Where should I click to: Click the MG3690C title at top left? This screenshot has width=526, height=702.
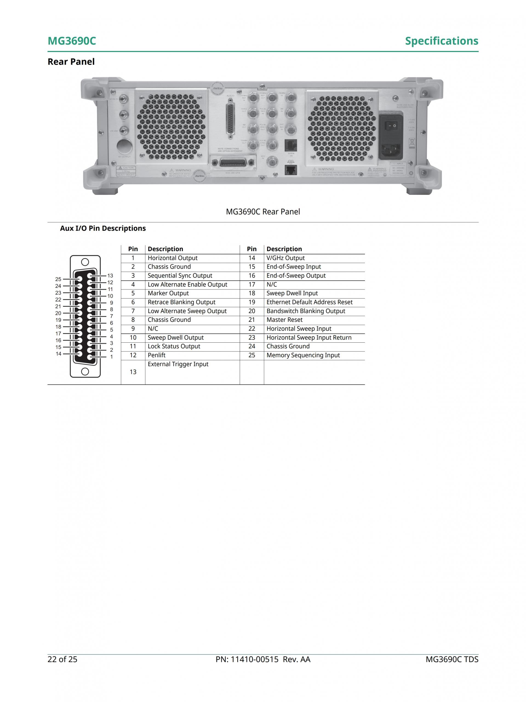[x=72, y=41]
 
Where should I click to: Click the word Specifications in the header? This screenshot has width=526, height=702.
[x=441, y=41]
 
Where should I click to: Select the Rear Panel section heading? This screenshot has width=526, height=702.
[x=71, y=62]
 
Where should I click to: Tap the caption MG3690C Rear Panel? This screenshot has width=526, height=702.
[x=263, y=212]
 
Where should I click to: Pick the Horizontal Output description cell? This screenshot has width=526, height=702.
[x=173, y=258]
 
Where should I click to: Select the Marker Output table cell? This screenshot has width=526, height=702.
[x=168, y=293]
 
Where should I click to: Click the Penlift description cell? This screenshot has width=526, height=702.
[x=156, y=355]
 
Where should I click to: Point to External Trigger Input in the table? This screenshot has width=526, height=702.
[x=178, y=364]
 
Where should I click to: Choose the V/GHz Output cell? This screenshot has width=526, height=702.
[x=285, y=258]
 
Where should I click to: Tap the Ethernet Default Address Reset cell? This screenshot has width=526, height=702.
[x=309, y=302]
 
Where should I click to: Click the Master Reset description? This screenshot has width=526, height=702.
[x=284, y=320]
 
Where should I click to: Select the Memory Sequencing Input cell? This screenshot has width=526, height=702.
[x=303, y=355]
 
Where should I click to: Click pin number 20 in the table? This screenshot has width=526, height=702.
[x=251, y=311]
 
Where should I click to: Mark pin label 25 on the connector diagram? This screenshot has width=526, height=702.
[x=58, y=279]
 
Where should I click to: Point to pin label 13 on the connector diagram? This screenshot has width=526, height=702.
[x=110, y=275]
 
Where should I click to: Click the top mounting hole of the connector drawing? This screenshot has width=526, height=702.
[x=85, y=262]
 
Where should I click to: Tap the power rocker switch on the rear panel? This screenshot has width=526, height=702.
[x=391, y=126]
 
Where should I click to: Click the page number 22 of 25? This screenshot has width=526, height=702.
[x=62, y=659]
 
